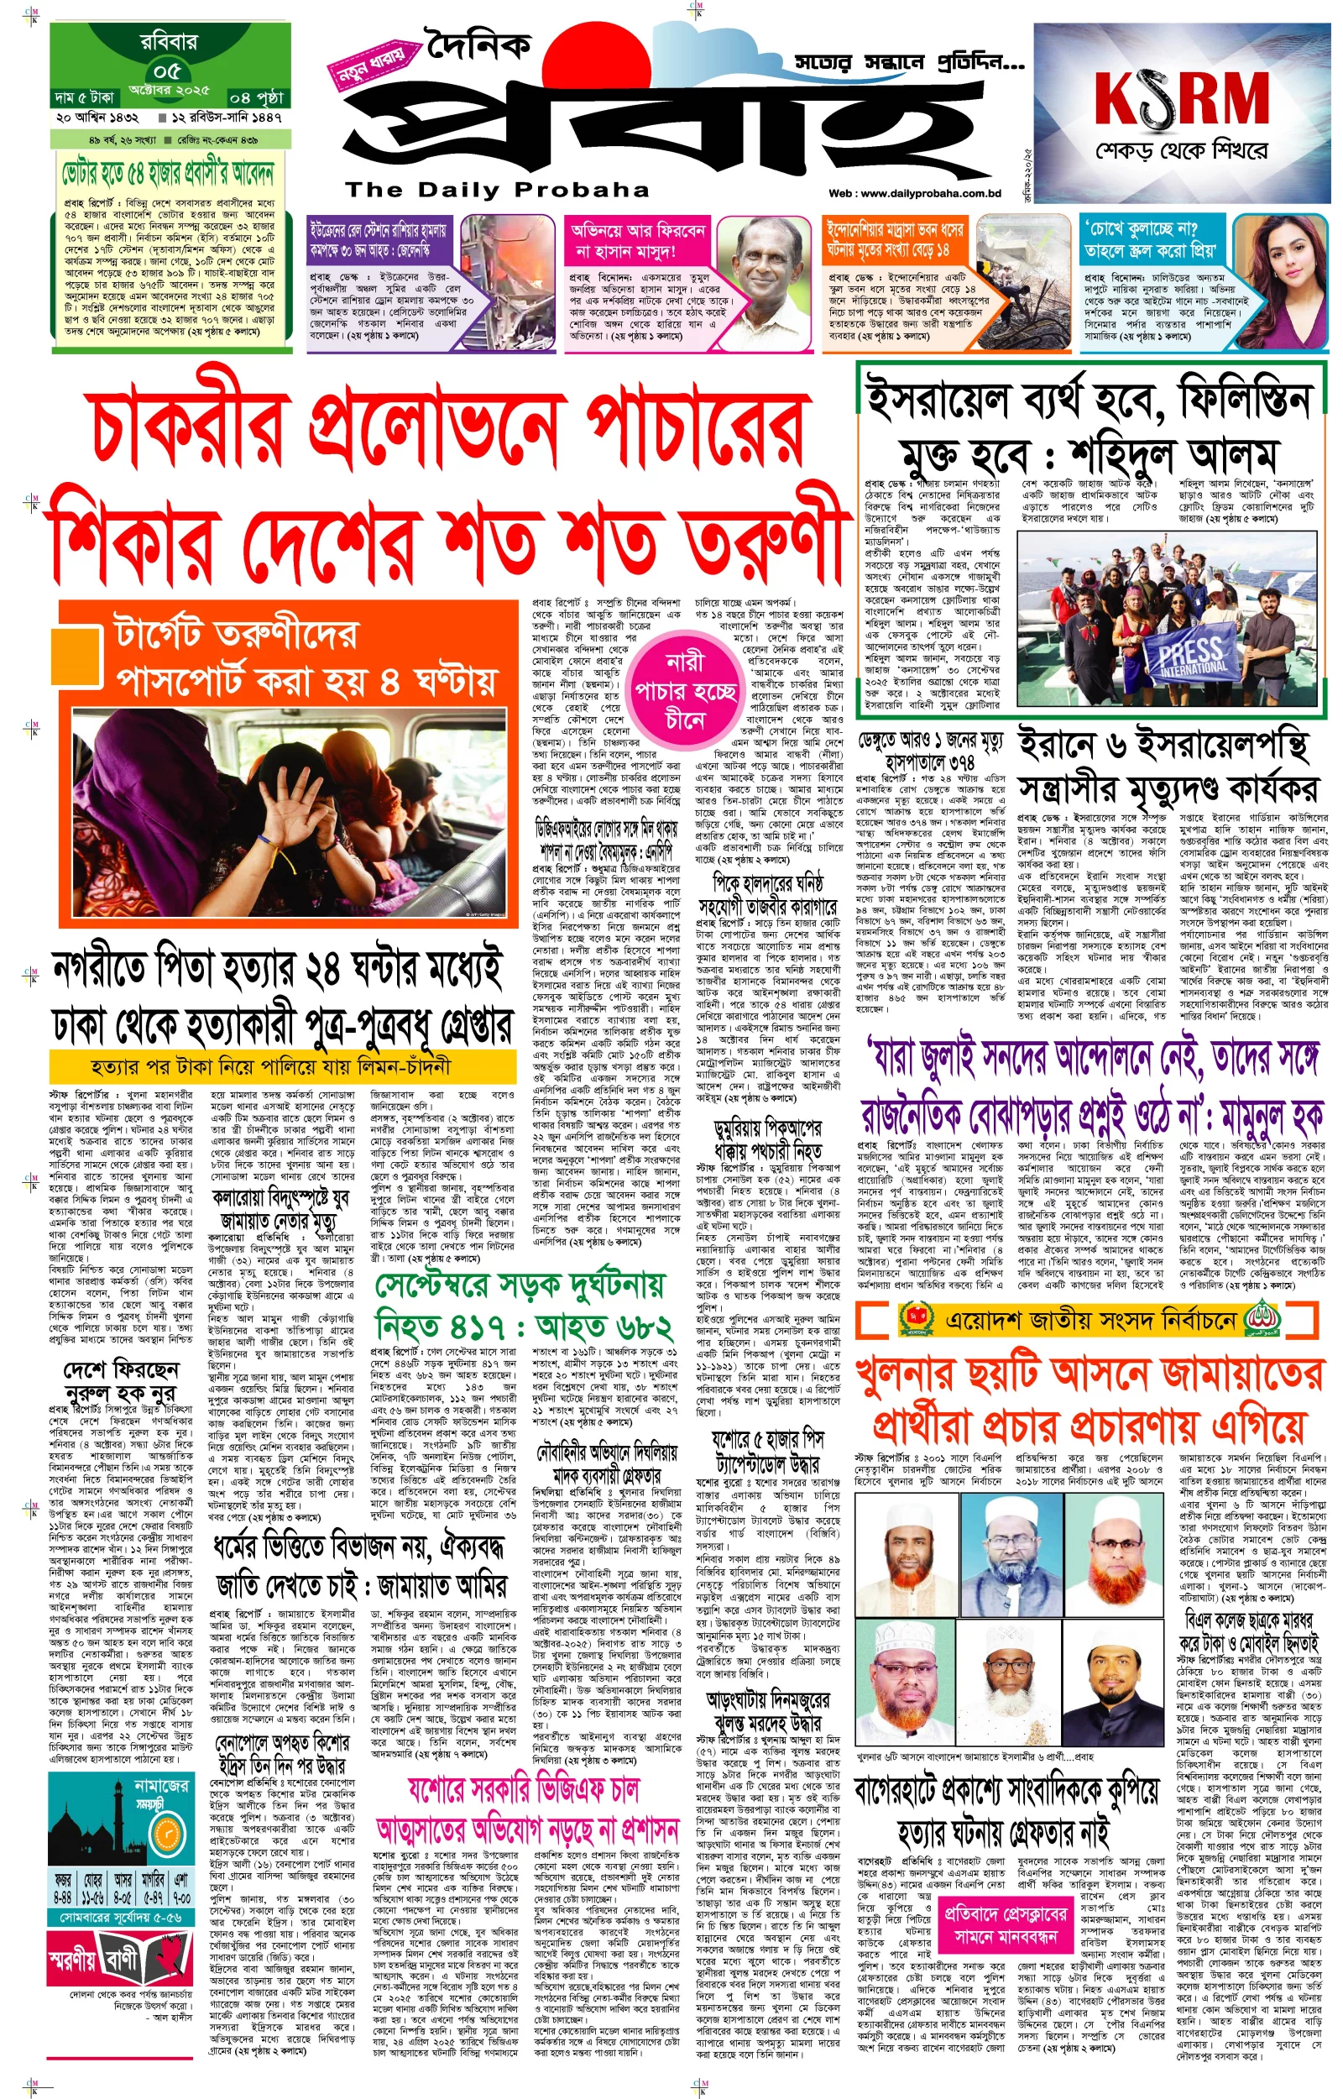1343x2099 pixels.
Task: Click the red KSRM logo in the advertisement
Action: coord(1181,99)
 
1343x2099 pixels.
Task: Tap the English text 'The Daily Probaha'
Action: coord(496,189)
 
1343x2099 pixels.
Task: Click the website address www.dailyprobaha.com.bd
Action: coord(914,194)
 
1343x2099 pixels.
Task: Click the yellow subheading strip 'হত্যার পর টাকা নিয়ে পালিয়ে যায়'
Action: coord(270,1065)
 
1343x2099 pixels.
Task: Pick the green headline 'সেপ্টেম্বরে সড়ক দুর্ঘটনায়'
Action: coord(520,1285)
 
